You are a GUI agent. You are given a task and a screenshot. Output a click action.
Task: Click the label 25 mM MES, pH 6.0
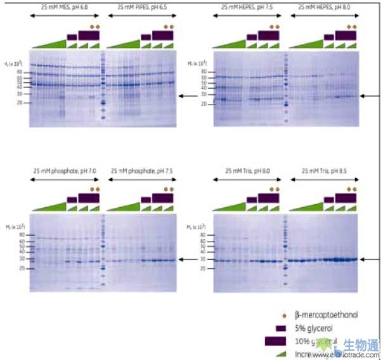coord(66,7)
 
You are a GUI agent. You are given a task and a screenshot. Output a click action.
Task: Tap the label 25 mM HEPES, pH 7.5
coord(248,7)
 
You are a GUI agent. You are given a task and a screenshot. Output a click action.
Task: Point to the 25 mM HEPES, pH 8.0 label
coord(323,7)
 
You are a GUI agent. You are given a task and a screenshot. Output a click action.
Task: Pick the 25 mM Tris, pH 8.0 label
coord(248,171)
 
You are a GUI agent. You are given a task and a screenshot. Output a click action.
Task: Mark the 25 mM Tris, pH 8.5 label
coord(323,171)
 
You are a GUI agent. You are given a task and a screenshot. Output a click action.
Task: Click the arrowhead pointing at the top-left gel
coord(181,96)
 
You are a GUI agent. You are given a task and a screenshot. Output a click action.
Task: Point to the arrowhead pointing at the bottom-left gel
coord(181,259)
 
